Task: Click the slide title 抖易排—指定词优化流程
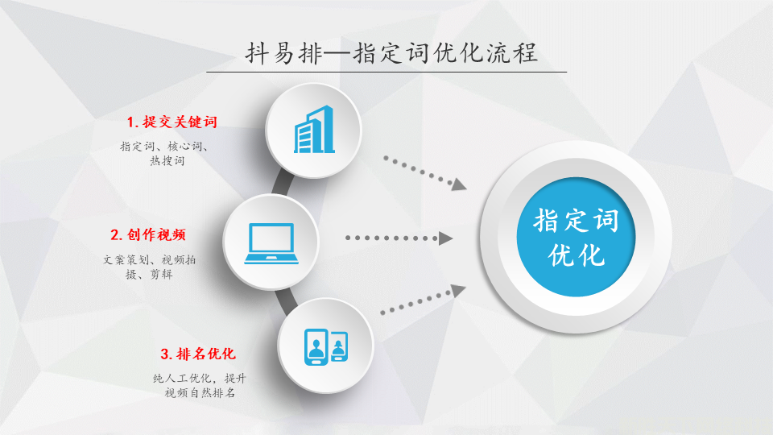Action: coord(391,53)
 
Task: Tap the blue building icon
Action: coord(314,130)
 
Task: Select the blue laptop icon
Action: coord(271,243)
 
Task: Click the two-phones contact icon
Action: coord(326,346)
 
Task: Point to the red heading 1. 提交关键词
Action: coord(172,122)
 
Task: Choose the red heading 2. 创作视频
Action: coord(148,234)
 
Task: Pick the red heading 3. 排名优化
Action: coord(198,354)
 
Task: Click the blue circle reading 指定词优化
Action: coord(576,237)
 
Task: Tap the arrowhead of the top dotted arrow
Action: coord(459,184)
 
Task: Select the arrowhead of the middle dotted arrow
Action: coord(445,238)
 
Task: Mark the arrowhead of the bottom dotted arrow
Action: coord(458,291)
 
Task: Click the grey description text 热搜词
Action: coord(167,160)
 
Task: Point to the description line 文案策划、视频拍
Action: coord(150,259)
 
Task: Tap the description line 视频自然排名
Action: coord(200,392)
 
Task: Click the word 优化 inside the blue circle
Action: coord(577,255)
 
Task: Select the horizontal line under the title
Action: coord(386,72)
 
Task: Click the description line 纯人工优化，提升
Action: coord(199,379)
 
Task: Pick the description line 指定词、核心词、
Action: coord(164,147)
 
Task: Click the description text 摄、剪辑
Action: coord(149,274)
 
